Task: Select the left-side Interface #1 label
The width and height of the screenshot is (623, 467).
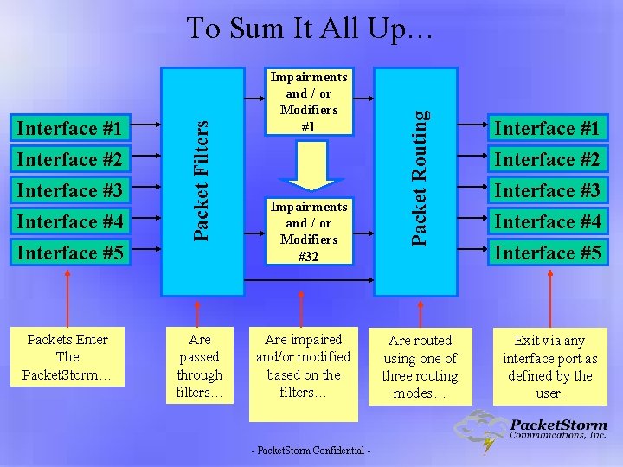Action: click(70, 129)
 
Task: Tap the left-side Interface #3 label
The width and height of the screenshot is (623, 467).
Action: click(70, 190)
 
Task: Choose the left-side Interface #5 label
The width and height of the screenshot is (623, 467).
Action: click(70, 253)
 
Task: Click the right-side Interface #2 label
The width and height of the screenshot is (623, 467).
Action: click(547, 160)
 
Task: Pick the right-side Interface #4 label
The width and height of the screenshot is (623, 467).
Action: click(547, 222)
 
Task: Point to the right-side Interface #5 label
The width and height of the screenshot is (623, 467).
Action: click(547, 253)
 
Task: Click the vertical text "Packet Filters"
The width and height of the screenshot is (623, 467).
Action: click(200, 179)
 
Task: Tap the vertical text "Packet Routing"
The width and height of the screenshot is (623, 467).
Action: click(419, 176)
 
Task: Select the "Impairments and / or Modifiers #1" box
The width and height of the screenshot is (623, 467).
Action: click(309, 101)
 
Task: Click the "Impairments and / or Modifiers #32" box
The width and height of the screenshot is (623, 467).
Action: click(309, 231)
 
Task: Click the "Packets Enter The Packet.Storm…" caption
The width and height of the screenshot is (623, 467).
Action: click(67, 357)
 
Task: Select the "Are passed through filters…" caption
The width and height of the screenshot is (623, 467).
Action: click(200, 366)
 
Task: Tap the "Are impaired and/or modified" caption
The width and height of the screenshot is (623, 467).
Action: click(303, 366)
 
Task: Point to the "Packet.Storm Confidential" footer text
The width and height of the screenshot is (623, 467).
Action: click(311, 451)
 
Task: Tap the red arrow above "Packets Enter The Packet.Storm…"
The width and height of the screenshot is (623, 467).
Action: click(68, 295)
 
